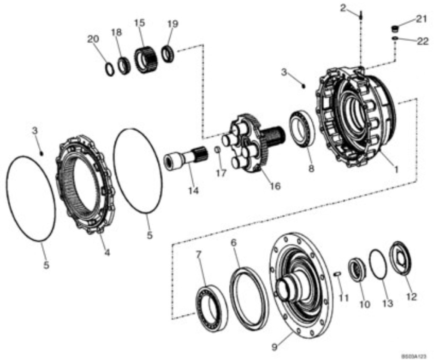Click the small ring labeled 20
click(110, 69)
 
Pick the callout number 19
click(173, 24)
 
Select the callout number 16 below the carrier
click(275, 186)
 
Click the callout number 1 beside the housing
click(396, 169)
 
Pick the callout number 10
click(364, 304)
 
